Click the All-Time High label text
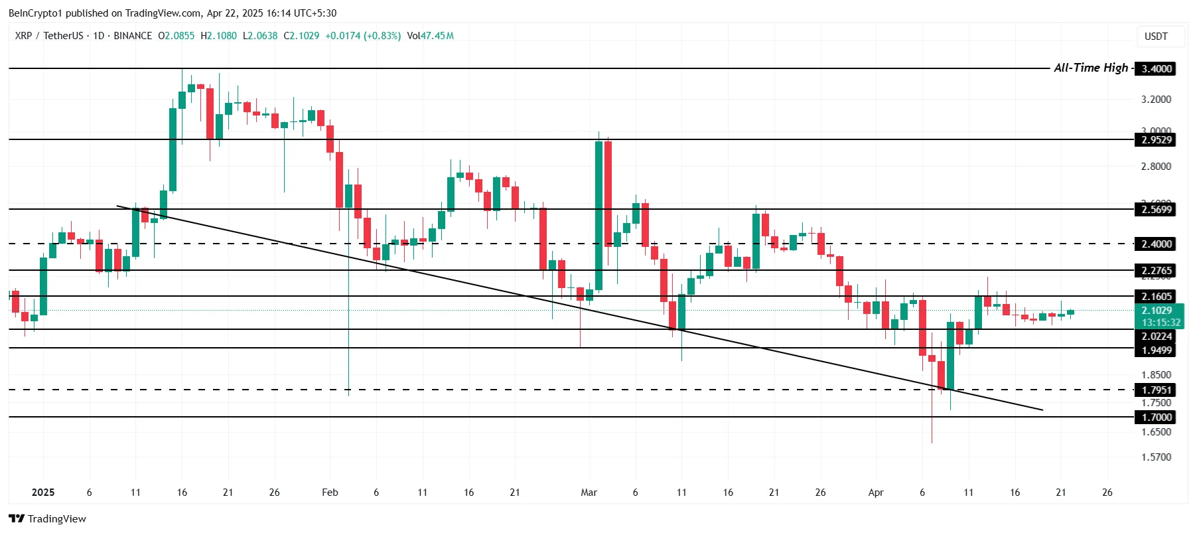1090,68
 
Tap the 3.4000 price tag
1156,69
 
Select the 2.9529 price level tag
1156,140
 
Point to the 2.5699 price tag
1156,210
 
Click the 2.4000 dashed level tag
1156,244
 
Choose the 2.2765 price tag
1156,271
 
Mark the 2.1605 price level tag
1156,297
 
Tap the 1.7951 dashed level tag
1156,390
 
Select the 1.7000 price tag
1156,418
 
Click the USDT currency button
1156,37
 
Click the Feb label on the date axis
330,493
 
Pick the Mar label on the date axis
589,493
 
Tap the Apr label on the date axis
876,493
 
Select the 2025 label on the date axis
43,493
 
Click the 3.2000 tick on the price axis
1156,100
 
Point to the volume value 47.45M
437,36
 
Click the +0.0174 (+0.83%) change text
363,36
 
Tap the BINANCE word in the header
133,36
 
